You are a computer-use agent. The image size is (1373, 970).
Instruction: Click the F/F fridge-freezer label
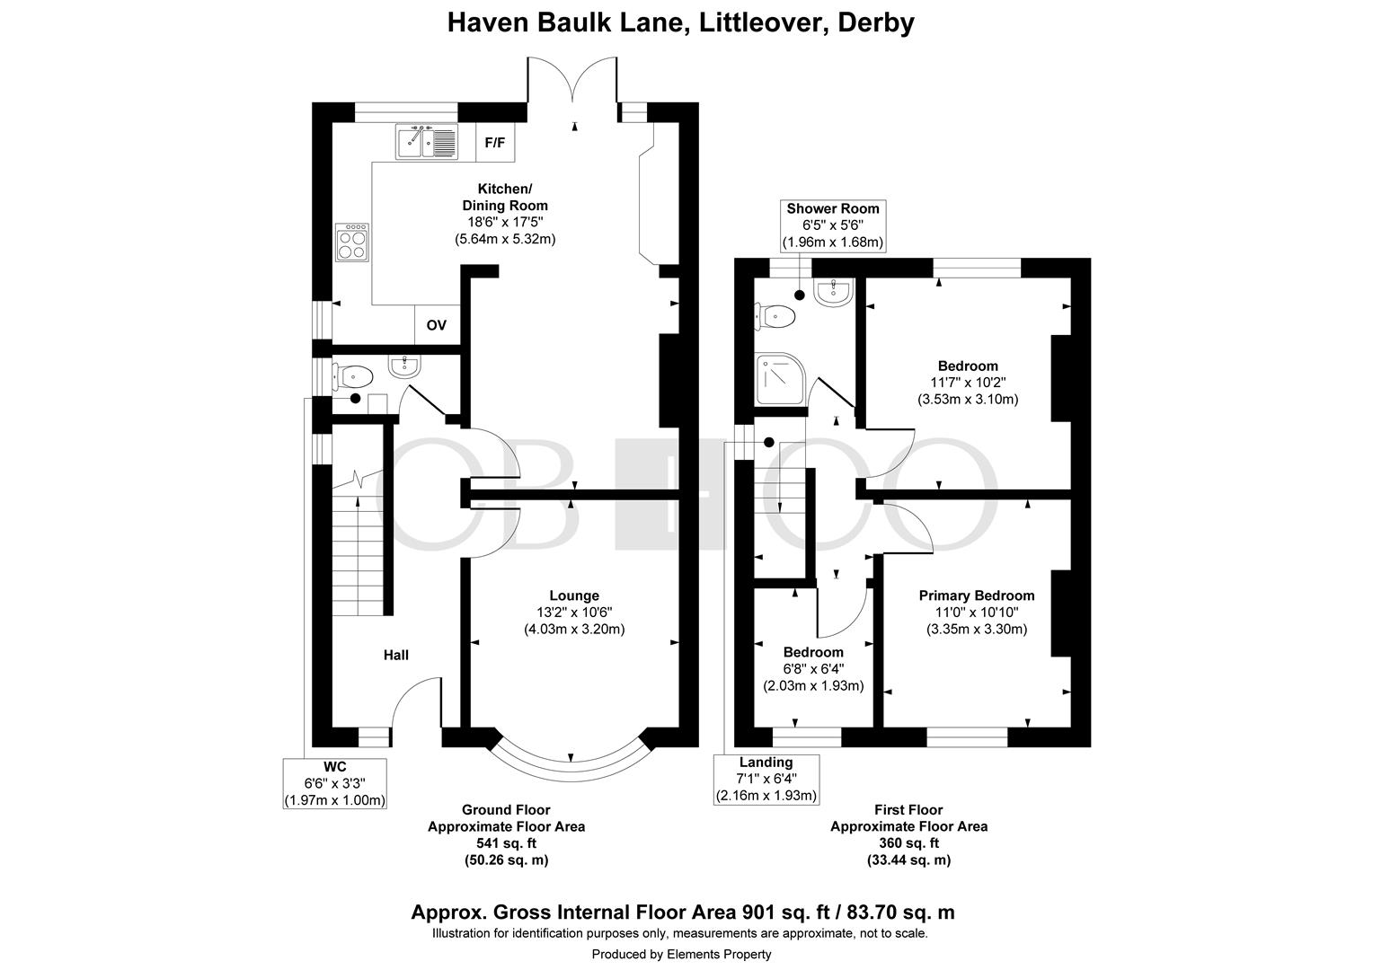pyautogui.click(x=494, y=143)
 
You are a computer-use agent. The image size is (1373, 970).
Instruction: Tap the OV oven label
pyautogui.click(x=437, y=325)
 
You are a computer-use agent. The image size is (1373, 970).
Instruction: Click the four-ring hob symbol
pyautogui.click(x=352, y=242)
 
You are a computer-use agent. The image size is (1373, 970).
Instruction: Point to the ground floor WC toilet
pyautogui.click(x=352, y=376)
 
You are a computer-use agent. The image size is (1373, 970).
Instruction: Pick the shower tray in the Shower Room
pyautogui.click(x=780, y=379)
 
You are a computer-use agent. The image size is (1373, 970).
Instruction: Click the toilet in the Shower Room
pyautogui.click(x=775, y=316)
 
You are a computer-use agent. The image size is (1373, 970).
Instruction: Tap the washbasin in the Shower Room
pyautogui.click(x=833, y=292)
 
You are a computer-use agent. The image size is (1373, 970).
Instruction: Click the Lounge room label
pyautogui.click(x=574, y=595)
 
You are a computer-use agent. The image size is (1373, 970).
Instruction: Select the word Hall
pyautogui.click(x=396, y=655)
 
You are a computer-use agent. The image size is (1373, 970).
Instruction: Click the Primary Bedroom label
pyautogui.click(x=977, y=595)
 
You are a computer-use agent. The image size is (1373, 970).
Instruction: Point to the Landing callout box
pyautogui.click(x=766, y=780)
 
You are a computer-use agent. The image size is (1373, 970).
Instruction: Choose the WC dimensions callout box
pyautogui.click(x=334, y=783)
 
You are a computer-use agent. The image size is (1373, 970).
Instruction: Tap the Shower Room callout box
pyautogui.click(x=833, y=225)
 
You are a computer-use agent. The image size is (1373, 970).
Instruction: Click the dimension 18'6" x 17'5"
pyautogui.click(x=505, y=222)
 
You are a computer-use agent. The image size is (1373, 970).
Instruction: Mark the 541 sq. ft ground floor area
pyautogui.click(x=506, y=843)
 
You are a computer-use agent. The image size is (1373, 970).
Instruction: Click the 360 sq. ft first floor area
pyautogui.click(x=909, y=843)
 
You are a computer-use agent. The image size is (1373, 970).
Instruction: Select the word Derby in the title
pyautogui.click(x=876, y=22)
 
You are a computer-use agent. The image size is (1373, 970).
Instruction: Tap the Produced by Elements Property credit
pyautogui.click(x=682, y=954)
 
